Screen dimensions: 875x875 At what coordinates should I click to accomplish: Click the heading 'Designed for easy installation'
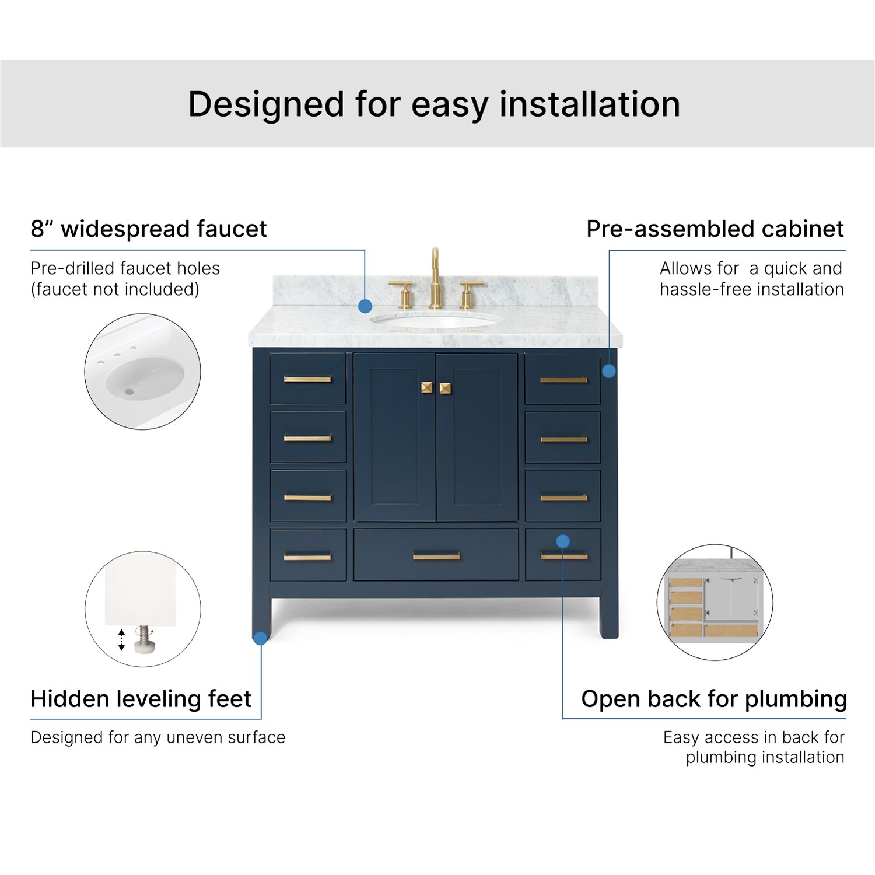coord(434,104)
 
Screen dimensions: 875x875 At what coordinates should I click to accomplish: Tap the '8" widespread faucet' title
coord(149,229)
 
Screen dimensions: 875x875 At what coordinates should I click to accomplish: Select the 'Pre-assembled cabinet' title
coord(715,229)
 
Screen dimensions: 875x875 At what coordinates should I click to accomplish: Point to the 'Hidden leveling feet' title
coord(141,699)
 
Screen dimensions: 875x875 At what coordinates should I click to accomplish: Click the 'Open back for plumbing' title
coord(714,699)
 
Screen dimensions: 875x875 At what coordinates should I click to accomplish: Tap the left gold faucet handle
coord(403,295)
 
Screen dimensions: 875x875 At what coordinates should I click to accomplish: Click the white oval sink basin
coord(436,320)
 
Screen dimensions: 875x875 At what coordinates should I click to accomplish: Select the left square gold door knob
coord(427,388)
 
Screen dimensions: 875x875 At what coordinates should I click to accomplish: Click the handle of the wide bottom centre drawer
coord(436,556)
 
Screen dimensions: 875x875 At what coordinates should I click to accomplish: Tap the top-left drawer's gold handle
coord(307,379)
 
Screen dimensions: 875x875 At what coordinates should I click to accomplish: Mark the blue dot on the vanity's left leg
coord(261,638)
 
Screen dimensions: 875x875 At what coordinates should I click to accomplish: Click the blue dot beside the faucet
coord(365,306)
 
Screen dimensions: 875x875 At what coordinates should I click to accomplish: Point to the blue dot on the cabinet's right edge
coord(609,371)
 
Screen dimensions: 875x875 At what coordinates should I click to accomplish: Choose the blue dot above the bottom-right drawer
coord(563,541)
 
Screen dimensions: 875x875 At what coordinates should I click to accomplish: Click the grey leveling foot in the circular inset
coord(143,640)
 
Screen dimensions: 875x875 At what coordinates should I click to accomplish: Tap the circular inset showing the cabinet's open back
coord(715,603)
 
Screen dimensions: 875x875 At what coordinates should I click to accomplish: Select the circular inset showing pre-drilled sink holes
coord(143,372)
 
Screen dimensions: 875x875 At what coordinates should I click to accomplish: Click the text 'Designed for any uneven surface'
coord(158,737)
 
